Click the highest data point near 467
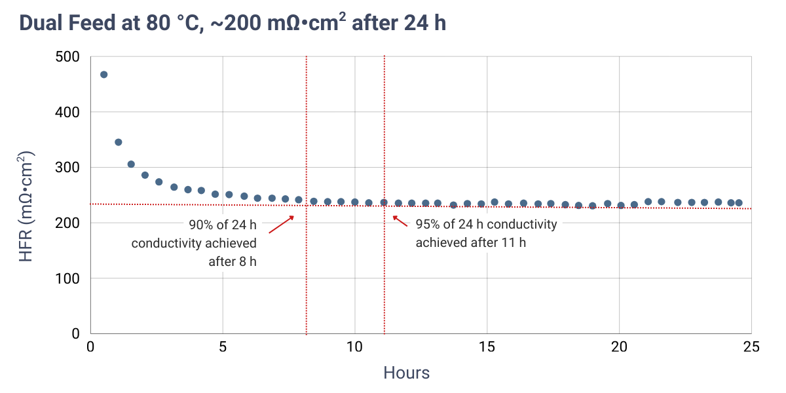click(103, 75)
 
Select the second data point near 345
click(119, 142)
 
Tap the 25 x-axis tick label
click(751, 346)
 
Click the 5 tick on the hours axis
click(223, 346)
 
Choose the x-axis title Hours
click(406, 373)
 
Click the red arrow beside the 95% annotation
click(400, 221)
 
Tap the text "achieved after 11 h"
click(470, 242)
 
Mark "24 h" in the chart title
click(425, 24)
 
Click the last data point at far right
click(739, 203)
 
